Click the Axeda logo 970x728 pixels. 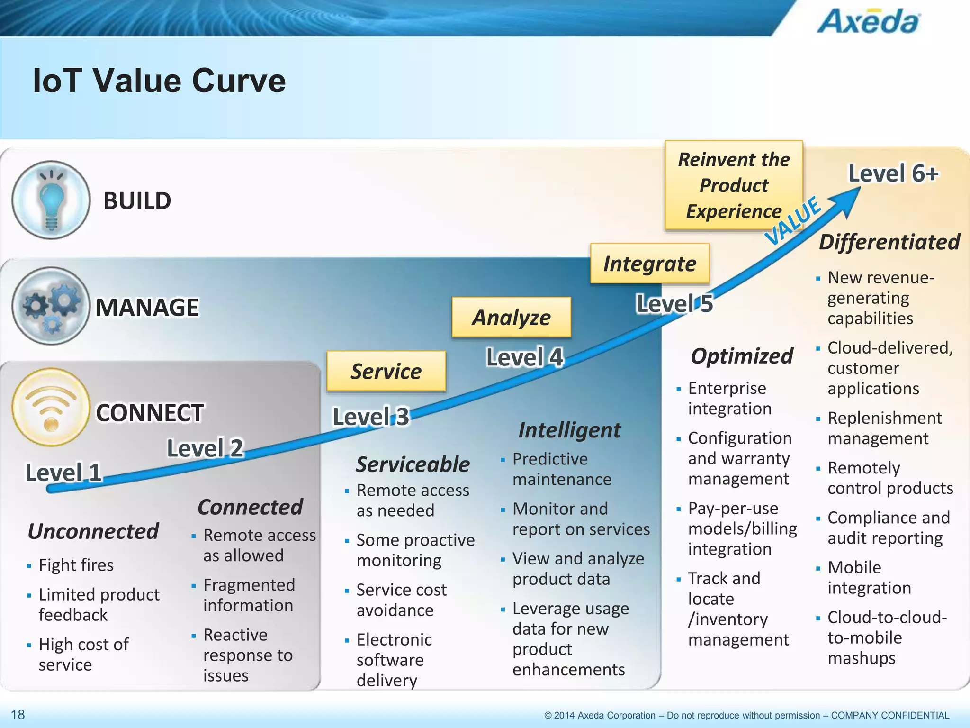point(870,21)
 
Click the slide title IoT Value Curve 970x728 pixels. point(159,81)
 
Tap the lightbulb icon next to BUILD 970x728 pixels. point(51,200)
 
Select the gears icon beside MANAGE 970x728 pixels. point(51,306)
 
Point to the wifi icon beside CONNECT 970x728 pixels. point(51,407)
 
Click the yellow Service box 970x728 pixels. point(386,371)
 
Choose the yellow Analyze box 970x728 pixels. point(512,317)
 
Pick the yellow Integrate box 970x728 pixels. point(649,264)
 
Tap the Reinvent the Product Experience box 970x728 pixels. point(734,185)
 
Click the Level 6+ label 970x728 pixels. point(893,173)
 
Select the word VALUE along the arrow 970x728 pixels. point(793,221)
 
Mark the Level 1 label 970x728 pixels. point(63,473)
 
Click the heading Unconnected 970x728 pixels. point(93,531)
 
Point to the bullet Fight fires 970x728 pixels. point(76,565)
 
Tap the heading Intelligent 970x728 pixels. point(569,430)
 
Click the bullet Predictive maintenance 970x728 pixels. point(561,469)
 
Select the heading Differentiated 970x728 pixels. point(889,242)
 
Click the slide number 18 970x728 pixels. point(18,714)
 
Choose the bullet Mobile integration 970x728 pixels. point(869,577)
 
